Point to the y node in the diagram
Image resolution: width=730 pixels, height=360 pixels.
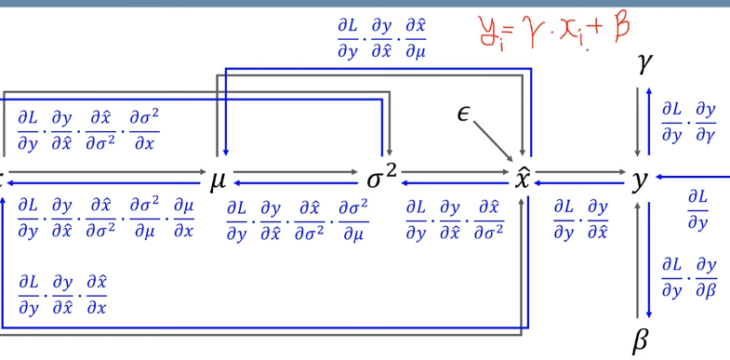[x=639, y=180]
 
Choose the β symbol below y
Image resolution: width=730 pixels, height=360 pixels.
[x=640, y=340]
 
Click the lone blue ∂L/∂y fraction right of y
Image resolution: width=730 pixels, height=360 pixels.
[x=697, y=209]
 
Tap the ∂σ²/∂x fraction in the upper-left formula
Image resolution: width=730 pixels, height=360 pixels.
[x=143, y=132]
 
